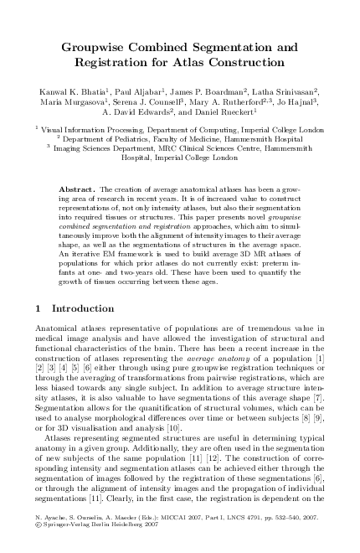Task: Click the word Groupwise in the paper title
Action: tap(105, 46)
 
